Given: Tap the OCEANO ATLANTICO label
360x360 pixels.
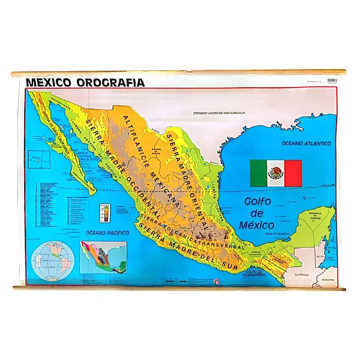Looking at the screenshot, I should [307, 144].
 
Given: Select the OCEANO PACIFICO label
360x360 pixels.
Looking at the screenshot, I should [104, 232].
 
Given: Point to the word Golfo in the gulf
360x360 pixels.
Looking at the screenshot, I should [259, 202].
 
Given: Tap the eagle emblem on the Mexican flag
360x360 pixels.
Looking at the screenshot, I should [276, 173].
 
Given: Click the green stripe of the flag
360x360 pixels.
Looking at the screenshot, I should [259, 173].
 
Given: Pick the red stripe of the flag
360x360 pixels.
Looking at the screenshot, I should [293, 173].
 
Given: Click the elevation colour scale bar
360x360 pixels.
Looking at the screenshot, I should [106, 214].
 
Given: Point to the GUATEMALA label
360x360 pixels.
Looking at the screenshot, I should [301, 274].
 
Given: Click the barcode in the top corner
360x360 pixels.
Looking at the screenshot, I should [332, 80].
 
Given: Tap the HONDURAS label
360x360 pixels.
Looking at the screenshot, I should [327, 280].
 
